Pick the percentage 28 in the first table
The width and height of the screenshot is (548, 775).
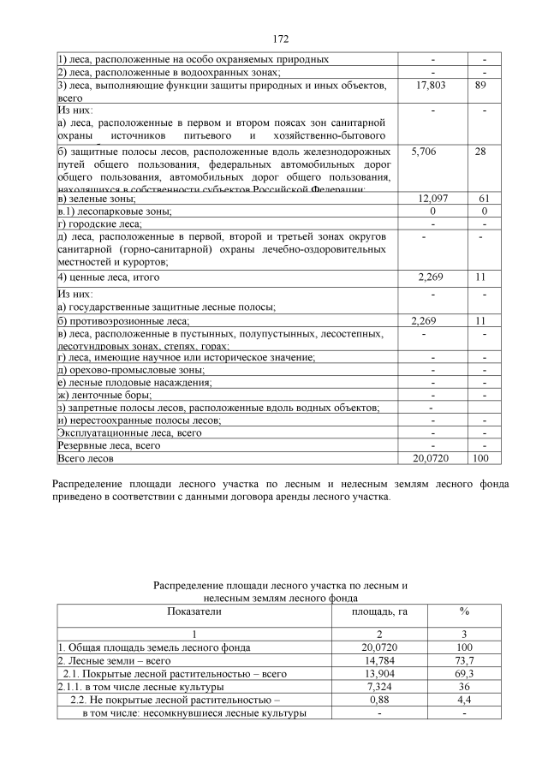(480, 151)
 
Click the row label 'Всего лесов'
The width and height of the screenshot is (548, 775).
(86, 459)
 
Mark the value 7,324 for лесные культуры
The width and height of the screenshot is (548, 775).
(379, 687)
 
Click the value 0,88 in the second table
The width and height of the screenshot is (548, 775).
(379, 700)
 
